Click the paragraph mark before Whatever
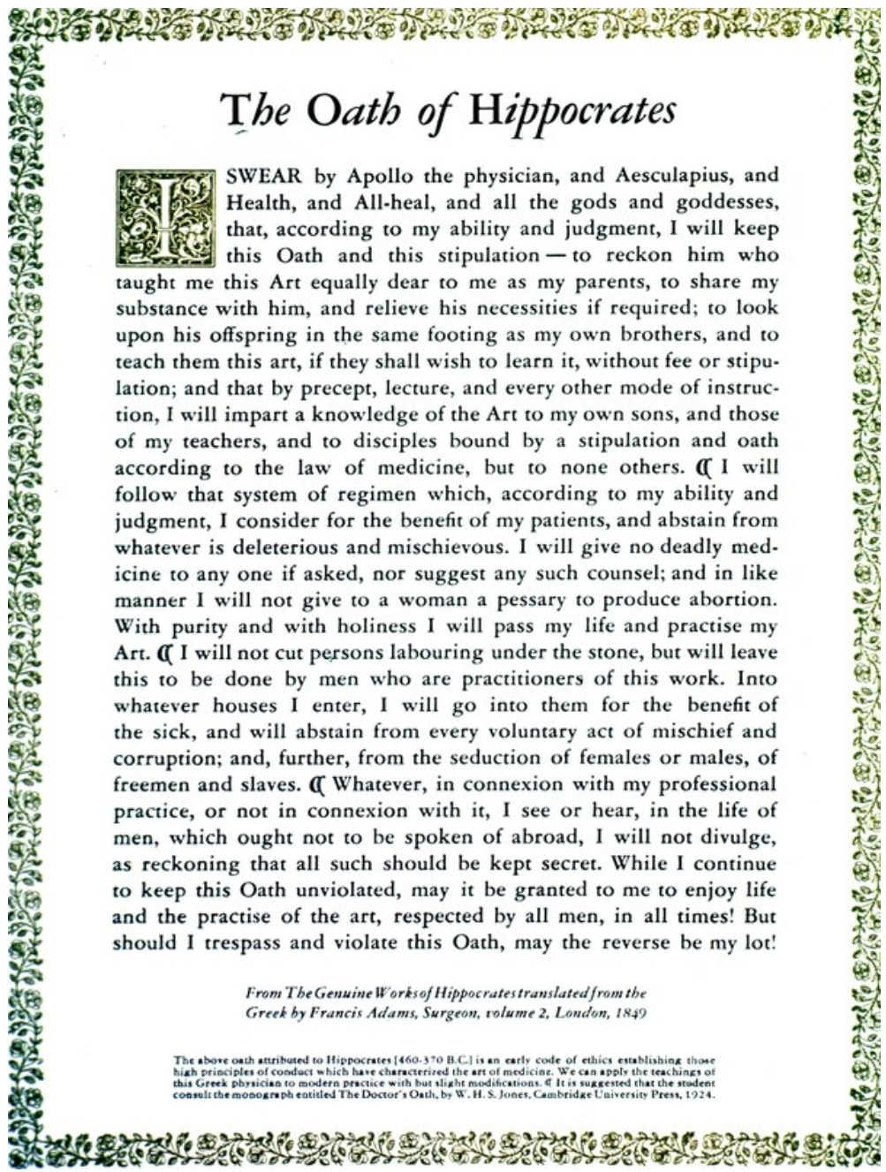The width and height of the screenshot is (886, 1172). (319, 784)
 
